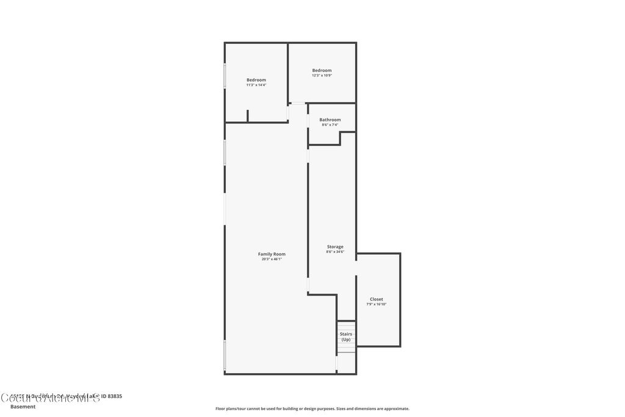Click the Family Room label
point(272,254)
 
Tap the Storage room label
point(334,247)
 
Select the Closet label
point(377,299)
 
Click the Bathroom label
point(330,120)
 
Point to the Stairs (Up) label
point(346,336)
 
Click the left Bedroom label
point(256,80)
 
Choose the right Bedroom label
point(322,70)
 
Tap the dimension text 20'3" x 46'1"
point(272,259)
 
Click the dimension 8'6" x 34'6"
point(334,252)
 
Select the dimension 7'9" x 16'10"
point(377,305)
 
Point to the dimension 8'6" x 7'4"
point(330,125)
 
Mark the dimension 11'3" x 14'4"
point(256,85)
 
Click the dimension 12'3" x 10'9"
point(322,76)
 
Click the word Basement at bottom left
point(23,406)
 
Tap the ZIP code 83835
point(112,396)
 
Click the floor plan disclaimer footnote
point(312,408)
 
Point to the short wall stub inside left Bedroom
point(247,116)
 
